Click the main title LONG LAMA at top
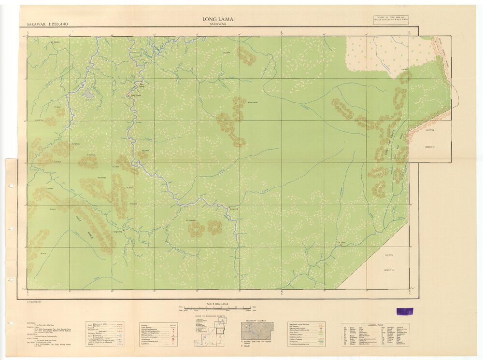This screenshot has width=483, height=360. click(218, 19)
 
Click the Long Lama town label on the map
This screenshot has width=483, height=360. click(136, 96)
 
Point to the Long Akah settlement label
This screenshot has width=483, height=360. click(234, 208)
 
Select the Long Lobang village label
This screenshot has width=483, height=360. click(118, 232)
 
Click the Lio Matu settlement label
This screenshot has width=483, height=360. click(341, 243)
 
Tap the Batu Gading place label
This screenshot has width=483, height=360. click(142, 85)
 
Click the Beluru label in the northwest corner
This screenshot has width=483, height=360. click(57, 42)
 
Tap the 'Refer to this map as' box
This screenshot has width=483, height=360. click(390, 20)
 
